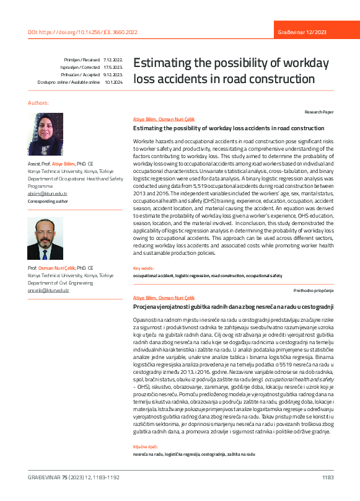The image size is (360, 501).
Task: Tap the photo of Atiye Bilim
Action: coord(46,134)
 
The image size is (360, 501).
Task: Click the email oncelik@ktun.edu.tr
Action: coord(49,290)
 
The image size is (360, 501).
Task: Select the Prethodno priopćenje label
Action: coord(314,290)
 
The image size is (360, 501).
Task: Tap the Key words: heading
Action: coord(144,268)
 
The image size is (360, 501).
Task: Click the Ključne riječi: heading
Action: coord(146,446)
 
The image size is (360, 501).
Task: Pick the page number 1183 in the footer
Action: coord(328,477)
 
